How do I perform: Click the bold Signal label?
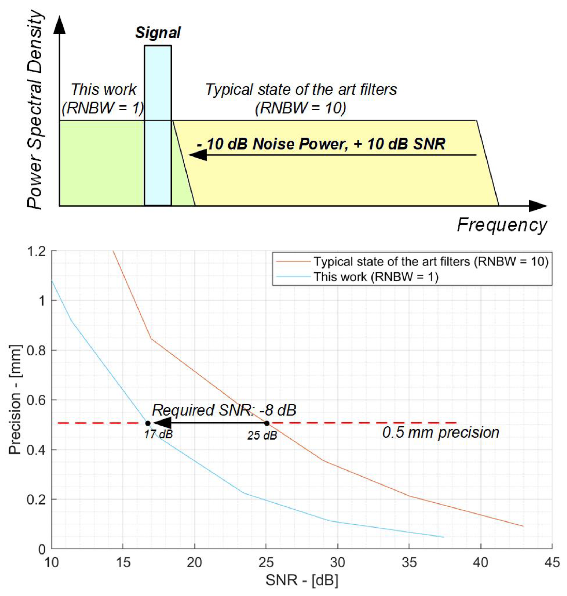tap(158, 33)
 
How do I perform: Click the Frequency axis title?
tap(502, 225)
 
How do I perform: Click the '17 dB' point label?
tap(158, 435)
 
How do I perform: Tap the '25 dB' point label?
tap(262, 435)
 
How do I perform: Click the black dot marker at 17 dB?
tap(148, 423)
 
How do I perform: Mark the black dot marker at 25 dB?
tap(267, 423)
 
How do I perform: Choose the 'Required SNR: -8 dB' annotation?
tap(224, 410)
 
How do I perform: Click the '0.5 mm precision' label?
tap(441, 433)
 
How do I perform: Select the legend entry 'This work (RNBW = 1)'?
tap(376, 277)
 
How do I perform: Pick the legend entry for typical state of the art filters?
tap(431, 261)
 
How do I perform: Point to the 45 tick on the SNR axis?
tap(552, 562)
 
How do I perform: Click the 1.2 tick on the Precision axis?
tap(36, 251)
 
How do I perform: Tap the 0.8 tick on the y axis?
tap(36, 350)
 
